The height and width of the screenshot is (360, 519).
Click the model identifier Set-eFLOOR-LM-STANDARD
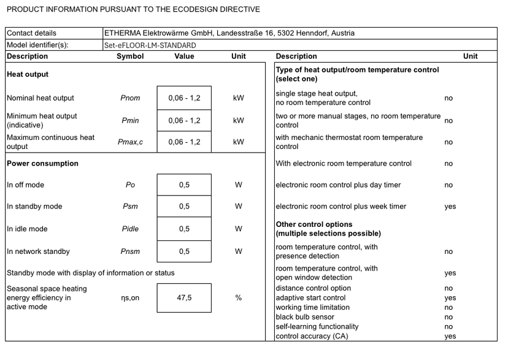coord(150,45)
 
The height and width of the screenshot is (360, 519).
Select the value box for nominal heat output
coord(184,98)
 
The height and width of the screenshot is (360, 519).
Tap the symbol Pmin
coord(130,121)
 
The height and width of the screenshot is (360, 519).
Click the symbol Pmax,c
coord(130,142)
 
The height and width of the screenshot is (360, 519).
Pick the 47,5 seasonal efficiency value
coord(184,298)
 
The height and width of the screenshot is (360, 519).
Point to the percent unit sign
coord(239,298)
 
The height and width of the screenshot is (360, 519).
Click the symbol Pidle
coord(130,229)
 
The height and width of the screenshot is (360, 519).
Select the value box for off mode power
coord(184,185)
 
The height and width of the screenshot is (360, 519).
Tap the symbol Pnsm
coord(130,251)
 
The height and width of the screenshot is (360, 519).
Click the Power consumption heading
coord(42,164)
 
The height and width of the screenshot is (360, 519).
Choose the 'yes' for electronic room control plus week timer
coord(450,207)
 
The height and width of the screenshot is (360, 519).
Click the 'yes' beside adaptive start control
coord(450,298)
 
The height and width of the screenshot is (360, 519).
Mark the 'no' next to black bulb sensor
coord(448,317)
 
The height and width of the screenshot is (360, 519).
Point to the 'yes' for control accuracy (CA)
coord(450,336)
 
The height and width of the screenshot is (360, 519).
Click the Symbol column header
coord(130,56)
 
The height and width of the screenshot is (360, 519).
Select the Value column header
coord(184,56)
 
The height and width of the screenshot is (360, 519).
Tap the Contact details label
coord(31,33)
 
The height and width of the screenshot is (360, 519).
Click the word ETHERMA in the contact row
coord(122,33)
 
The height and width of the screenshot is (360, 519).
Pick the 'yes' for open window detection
coord(450,274)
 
